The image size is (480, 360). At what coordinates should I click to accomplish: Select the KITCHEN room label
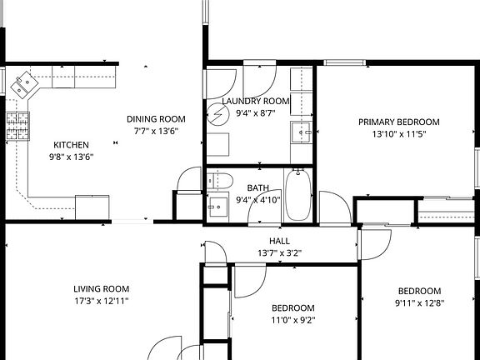[x=71, y=144]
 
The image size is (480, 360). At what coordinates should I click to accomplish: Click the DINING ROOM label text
[x=156, y=118]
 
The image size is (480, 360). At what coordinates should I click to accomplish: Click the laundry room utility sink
[x=302, y=130]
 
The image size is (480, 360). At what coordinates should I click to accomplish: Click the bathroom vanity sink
[x=219, y=205]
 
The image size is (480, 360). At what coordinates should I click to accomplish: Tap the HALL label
[x=279, y=241]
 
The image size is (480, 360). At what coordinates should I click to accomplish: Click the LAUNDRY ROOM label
[x=256, y=101]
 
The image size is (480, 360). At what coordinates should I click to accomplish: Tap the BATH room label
[x=257, y=187]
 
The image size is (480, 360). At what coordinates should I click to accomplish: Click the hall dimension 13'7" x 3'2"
[x=279, y=252]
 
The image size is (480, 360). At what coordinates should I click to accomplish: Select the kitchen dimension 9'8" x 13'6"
[x=71, y=156]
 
